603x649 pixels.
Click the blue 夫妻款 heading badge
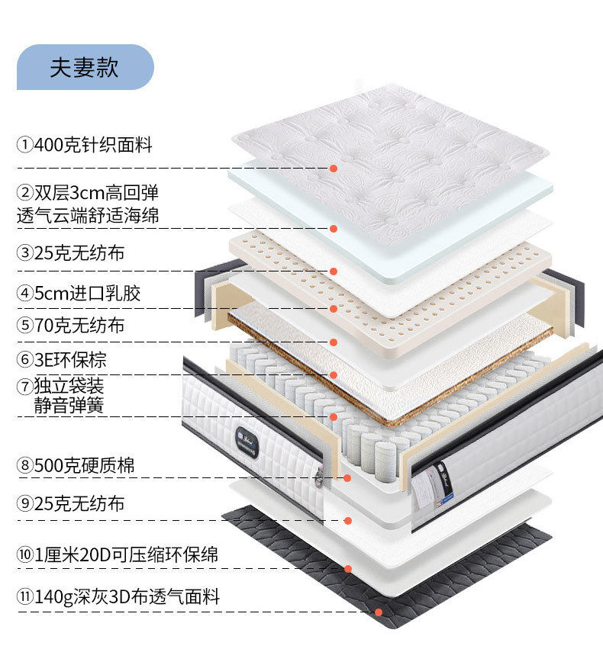[x=85, y=67]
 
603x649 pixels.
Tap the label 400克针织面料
[x=93, y=144]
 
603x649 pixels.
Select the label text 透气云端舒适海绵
[x=88, y=215]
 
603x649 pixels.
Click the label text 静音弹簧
[x=69, y=405]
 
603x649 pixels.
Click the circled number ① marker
[x=25, y=144]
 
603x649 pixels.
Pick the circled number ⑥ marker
[x=25, y=359]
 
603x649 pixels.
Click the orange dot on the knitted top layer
[x=334, y=168]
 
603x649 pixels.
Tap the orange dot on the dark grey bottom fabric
[x=378, y=612]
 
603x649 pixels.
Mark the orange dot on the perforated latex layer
[x=334, y=309]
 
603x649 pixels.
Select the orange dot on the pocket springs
[x=334, y=417]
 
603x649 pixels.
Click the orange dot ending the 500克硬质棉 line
[x=347, y=478]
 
